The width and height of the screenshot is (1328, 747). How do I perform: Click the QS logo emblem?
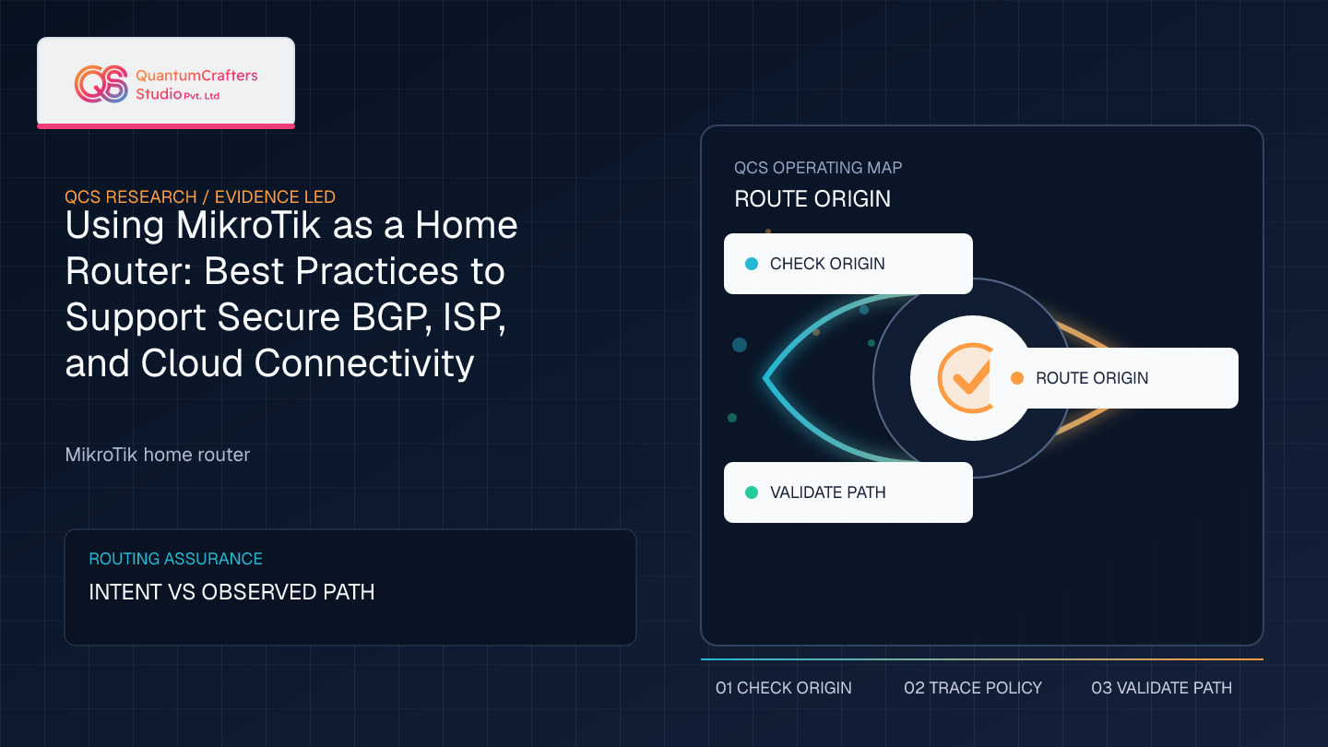pyautogui.click(x=101, y=84)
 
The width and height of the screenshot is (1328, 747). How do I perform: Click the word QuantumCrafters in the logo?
pyautogui.click(x=196, y=76)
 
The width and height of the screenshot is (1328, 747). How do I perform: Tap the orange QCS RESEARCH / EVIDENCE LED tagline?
pyautogui.click(x=200, y=196)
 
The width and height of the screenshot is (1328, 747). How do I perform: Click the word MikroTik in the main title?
pyautogui.click(x=248, y=225)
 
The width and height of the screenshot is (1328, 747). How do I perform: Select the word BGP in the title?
pyautogui.click(x=391, y=317)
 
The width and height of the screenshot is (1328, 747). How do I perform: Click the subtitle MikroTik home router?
pyautogui.click(x=157, y=455)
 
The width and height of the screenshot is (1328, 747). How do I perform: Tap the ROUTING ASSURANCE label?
pyautogui.click(x=175, y=559)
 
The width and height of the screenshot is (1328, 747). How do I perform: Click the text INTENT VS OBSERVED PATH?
pyautogui.click(x=231, y=592)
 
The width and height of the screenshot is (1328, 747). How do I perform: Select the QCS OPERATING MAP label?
pyautogui.click(x=817, y=168)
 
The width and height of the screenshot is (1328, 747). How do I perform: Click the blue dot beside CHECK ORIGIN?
pyautogui.click(x=751, y=264)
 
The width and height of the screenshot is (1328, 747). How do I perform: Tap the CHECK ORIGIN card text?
pyautogui.click(x=827, y=264)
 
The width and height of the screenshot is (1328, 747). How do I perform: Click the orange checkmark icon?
pyautogui.click(x=966, y=378)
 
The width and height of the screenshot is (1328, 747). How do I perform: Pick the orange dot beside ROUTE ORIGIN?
pyautogui.click(x=1016, y=378)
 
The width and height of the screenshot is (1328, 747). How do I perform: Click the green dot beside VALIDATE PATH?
pyautogui.click(x=751, y=492)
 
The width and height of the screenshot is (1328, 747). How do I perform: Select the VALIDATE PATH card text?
pyautogui.click(x=827, y=492)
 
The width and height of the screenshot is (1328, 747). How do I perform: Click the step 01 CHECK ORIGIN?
pyautogui.click(x=783, y=688)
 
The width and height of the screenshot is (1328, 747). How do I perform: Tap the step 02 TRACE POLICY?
pyautogui.click(x=973, y=688)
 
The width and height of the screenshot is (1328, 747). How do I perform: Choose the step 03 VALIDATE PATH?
pyautogui.click(x=1161, y=688)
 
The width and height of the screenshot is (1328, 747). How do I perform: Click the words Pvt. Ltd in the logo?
pyautogui.click(x=202, y=96)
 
